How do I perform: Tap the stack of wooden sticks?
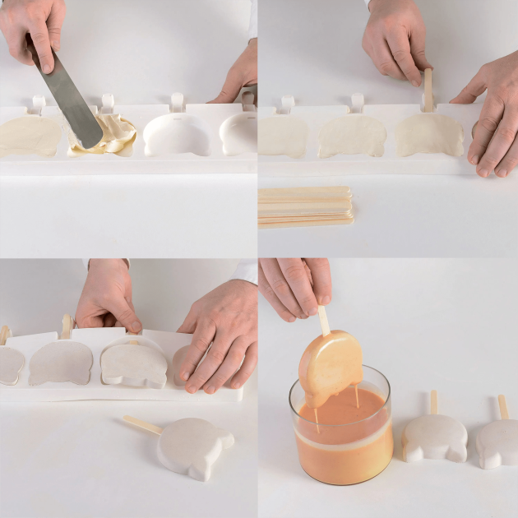tap(306, 207)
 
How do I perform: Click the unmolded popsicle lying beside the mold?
tap(194, 445)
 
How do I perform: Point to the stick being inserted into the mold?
tap(428, 90)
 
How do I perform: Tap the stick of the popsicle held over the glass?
tap(324, 320)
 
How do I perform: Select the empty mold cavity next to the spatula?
tap(176, 134)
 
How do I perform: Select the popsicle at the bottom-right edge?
tap(498, 442)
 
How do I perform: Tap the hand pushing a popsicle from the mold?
tap(218, 337)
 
